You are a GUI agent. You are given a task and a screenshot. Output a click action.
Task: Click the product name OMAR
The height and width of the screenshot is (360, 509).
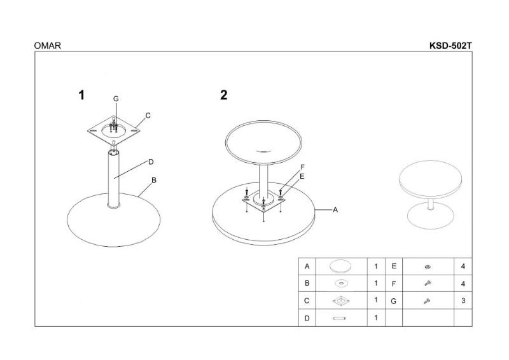click(47, 45)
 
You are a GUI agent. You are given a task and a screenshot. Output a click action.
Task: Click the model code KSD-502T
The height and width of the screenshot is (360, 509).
click(450, 45)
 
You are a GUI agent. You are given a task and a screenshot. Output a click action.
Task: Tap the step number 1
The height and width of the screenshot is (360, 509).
click(81, 95)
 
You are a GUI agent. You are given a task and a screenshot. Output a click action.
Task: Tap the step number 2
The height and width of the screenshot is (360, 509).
click(224, 95)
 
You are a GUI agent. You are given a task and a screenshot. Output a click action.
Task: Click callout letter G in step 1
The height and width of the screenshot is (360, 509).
click(116, 99)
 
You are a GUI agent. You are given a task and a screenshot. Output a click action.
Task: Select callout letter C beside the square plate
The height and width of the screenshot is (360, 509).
click(148, 115)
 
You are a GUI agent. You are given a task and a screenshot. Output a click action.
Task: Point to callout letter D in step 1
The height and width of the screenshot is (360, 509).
click(151, 162)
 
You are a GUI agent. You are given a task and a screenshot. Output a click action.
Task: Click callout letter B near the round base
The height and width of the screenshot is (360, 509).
click(154, 180)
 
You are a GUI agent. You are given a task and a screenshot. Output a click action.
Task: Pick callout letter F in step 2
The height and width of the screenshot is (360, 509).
click(303, 167)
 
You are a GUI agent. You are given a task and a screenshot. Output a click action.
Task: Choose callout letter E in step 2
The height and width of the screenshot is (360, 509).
click(302, 176)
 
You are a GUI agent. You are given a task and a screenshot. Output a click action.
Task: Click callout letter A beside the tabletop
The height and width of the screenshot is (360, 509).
click(335, 210)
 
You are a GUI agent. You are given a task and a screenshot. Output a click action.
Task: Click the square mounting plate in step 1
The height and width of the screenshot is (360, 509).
click(114, 130)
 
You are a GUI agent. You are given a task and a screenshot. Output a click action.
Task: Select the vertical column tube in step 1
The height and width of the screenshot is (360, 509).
click(114, 179)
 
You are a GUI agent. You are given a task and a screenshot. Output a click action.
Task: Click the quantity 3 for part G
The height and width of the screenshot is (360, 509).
click(463, 300)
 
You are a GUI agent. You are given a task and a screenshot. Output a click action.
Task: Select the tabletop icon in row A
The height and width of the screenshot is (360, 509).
click(340, 267)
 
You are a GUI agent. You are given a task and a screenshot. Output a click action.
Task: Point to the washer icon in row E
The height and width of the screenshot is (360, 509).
click(428, 267)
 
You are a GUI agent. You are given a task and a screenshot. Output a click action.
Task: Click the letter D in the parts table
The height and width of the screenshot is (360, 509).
click(307, 318)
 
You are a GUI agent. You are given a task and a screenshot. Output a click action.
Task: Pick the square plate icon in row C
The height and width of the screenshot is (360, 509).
click(340, 301)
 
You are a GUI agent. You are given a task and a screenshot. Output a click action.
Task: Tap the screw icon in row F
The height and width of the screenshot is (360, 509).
click(428, 284)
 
